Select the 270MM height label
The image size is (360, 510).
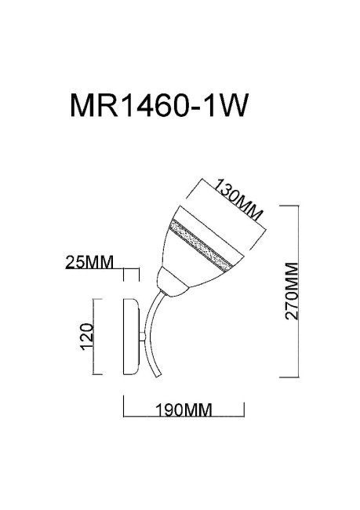(x=293, y=290)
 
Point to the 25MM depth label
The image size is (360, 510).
(x=89, y=262)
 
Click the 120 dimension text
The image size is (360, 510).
(x=88, y=336)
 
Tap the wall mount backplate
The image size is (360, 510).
(x=132, y=336)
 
